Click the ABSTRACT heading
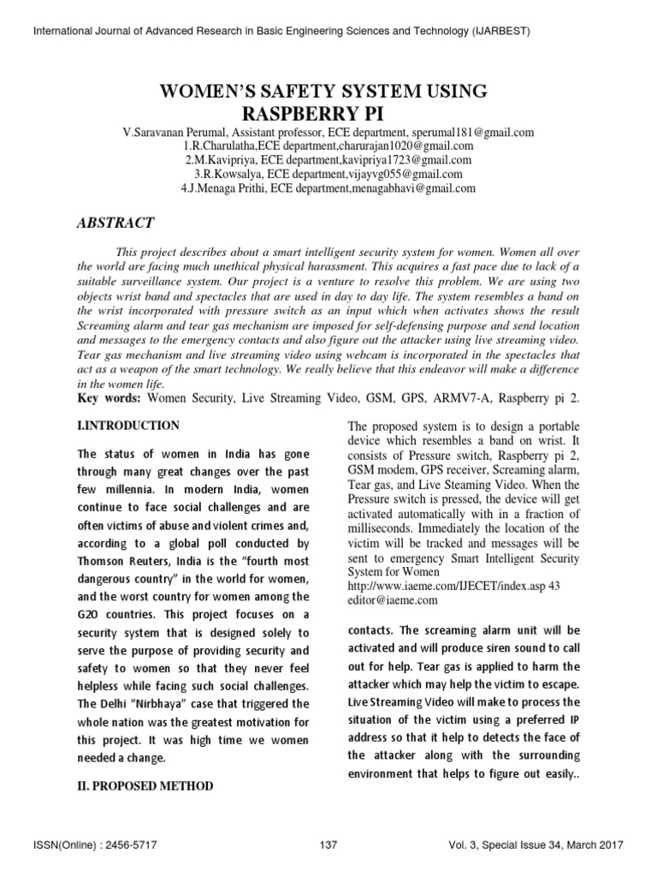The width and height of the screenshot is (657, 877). click(x=115, y=223)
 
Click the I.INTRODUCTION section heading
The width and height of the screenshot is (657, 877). click(x=127, y=426)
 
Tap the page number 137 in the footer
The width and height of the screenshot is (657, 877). click(x=328, y=845)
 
